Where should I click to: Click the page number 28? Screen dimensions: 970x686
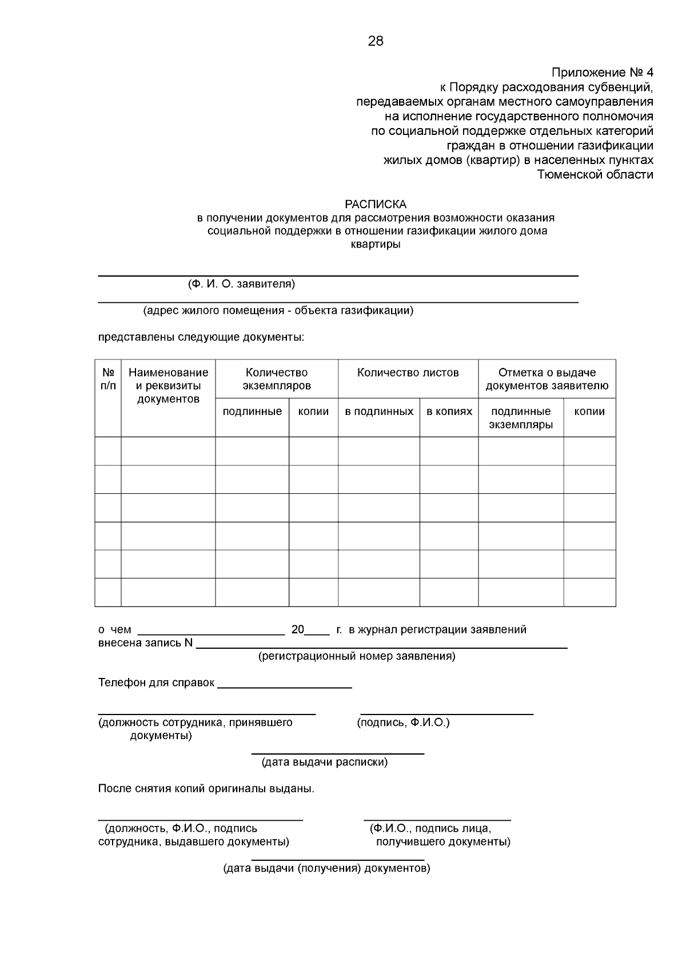(x=376, y=41)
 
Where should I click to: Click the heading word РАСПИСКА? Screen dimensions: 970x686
(x=376, y=205)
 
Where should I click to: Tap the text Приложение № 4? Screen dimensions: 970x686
(x=602, y=73)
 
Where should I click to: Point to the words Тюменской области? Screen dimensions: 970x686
(x=595, y=174)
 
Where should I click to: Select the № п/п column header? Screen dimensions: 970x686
(x=108, y=379)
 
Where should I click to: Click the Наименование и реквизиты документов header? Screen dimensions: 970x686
(x=168, y=386)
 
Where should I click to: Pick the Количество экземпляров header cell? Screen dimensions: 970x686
(x=277, y=379)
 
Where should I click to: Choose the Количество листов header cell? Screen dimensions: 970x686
(x=408, y=373)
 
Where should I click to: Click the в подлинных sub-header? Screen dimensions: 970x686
(x=379, y=412)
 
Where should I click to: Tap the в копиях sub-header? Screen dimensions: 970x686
(x=449, y=412)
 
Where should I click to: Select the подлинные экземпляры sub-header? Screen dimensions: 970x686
(x=521, y=418)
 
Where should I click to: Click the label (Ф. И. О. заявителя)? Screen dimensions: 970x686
(x=241, y=284)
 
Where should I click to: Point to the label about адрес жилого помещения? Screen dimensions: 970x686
(x=278, y=311)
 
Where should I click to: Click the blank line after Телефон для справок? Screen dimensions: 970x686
(x=284, y=684)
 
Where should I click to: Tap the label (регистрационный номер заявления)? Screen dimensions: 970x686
(x=357, y=656)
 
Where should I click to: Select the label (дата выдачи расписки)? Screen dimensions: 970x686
(x=324, y=762)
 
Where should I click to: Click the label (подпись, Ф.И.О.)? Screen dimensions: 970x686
(x=404, y=722)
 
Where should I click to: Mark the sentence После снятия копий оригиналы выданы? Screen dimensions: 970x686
(x=206, y=789)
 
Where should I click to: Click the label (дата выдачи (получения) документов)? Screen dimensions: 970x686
(x=326, y=869)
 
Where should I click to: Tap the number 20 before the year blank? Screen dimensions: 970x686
(x=298, y=630)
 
